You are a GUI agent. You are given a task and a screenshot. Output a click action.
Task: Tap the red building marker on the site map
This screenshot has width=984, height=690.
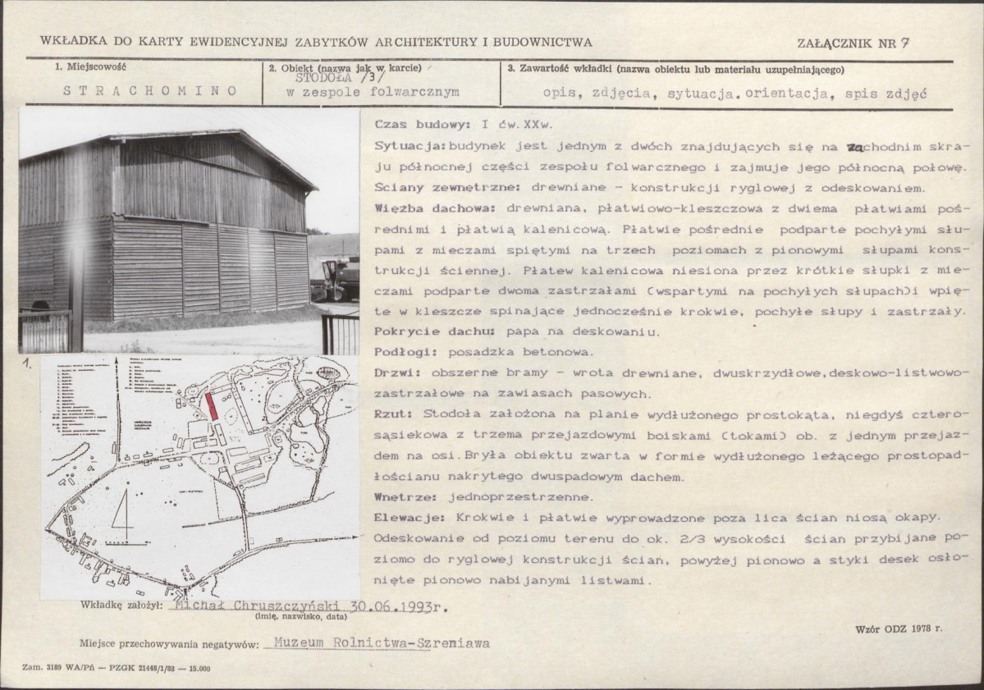pos(212,405)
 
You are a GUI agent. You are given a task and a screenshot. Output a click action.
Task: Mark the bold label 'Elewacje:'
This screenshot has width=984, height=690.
pos(408,518)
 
